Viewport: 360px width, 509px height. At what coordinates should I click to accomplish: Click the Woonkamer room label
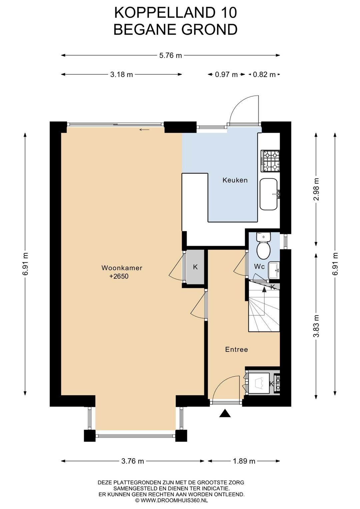pos(122,268)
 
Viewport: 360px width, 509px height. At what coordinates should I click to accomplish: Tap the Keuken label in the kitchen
pos(235,180)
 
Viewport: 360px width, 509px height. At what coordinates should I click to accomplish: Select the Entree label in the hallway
pos(236,349)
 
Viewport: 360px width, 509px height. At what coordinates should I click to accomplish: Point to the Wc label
pos(259,266)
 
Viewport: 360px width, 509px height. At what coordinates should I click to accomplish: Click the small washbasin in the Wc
pos(274,270)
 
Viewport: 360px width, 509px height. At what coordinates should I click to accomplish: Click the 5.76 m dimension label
pos(171,55)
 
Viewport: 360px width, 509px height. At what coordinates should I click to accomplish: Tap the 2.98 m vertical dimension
pos(316,189)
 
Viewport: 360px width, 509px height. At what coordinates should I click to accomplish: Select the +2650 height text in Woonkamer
pos(119,276)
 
